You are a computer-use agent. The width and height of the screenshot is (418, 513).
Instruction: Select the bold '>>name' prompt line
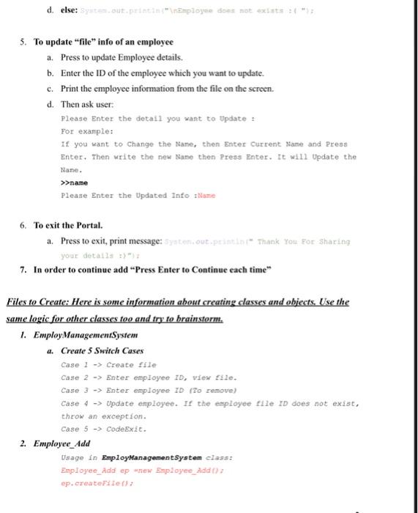tap(75, 182)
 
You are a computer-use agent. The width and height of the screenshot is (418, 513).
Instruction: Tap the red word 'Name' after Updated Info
tap(206, 195)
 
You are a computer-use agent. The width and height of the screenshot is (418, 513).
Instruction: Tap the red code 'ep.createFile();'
tap(97, 484)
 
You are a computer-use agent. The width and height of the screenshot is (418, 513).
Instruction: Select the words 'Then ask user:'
tap(86, 105)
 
